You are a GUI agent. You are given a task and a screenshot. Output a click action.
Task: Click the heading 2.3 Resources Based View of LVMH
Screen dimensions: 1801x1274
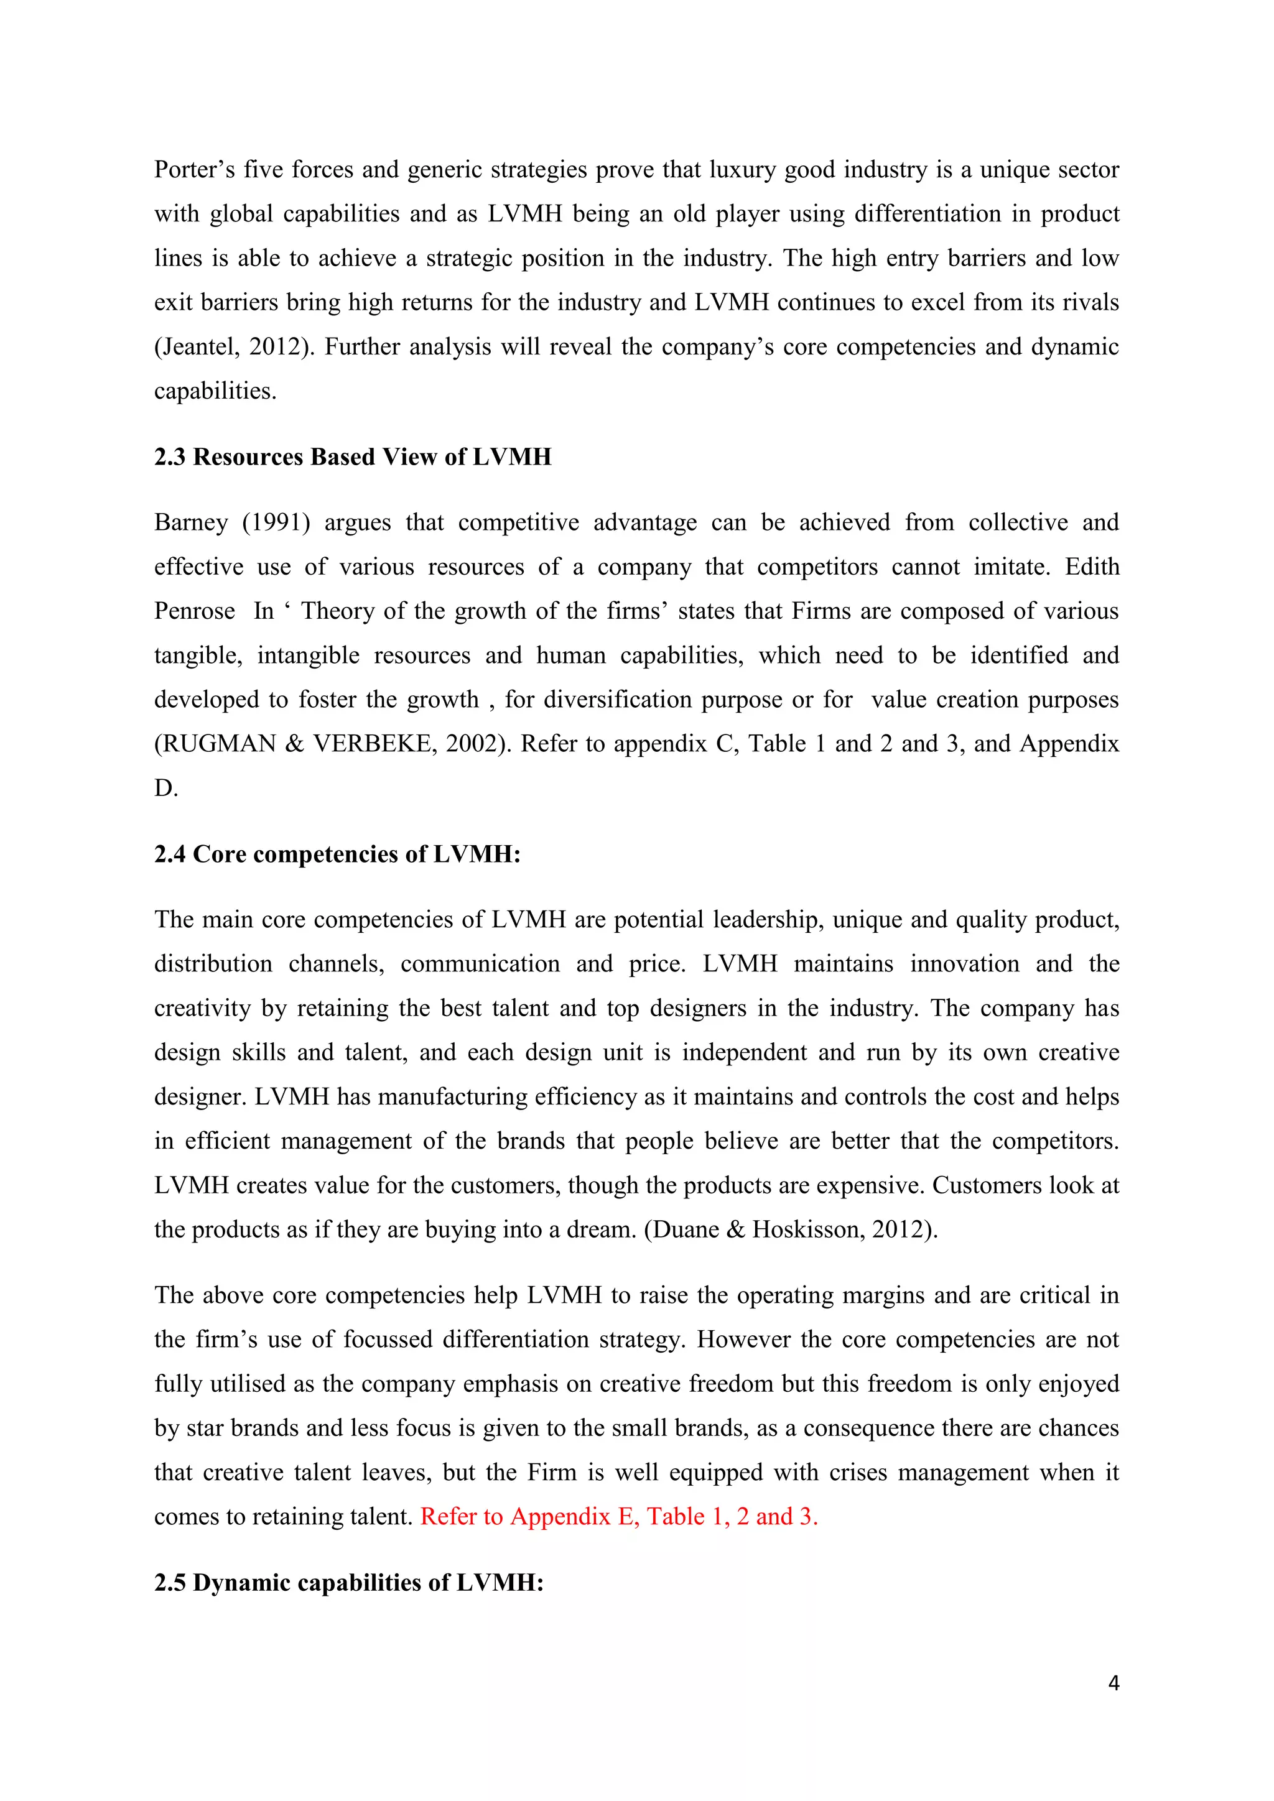tap(352, 456)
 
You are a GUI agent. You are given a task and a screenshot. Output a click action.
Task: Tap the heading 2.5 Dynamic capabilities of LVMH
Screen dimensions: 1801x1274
tap(349, 1582)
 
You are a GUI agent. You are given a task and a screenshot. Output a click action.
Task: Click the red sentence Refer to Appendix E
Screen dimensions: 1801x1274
tap(618, 1516)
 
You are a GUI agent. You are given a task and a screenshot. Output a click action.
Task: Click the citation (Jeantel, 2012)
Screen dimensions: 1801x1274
tap(235, 347)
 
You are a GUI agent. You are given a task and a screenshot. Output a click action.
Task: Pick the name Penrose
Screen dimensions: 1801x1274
tap(195, 611)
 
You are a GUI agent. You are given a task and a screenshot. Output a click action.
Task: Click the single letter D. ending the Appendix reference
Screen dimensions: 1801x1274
tap(165, 787)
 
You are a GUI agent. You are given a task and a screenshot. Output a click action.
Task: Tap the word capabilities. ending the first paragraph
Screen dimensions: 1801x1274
tap(215, 391)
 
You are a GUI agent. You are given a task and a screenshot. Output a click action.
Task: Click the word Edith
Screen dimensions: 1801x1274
tap(1091, 567)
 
